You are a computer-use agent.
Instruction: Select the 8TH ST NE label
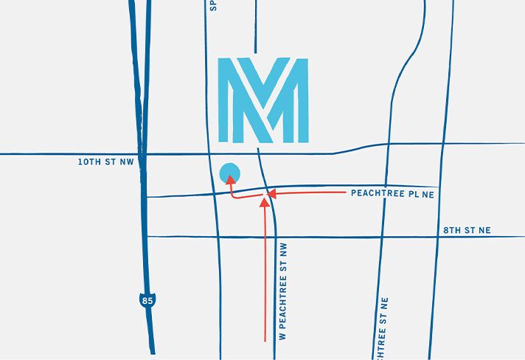point(467,230)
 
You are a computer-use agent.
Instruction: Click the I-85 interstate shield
point(149,300)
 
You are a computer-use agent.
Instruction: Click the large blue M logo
point(263,100)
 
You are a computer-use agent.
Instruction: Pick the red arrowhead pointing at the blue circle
point(231,179)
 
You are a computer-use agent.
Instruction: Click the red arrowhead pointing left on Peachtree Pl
point(271,195)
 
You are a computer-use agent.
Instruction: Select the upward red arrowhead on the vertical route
point(265,202)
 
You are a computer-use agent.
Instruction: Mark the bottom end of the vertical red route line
point(265,340)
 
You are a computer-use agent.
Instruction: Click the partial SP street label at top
point(211,6)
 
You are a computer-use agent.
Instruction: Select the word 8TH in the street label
point(452,230)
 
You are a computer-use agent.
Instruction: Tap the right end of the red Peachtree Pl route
point(346,193)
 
